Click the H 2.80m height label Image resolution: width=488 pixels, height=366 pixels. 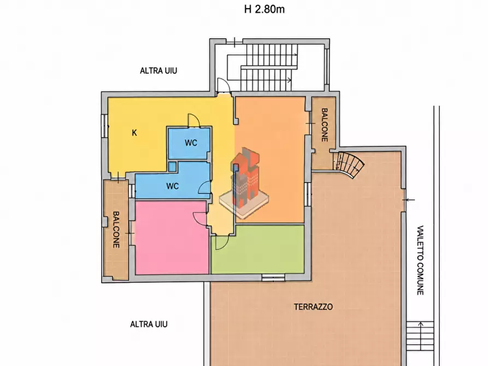264,9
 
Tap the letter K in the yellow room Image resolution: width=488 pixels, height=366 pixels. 134,133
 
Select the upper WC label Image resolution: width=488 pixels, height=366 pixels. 191,143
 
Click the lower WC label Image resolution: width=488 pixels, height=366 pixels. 173,186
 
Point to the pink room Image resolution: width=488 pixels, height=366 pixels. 172,238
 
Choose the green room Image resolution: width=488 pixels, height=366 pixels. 258,249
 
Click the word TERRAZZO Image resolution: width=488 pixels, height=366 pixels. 314,307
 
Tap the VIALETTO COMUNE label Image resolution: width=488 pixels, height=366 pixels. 420,260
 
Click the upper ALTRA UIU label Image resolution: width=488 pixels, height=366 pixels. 158,71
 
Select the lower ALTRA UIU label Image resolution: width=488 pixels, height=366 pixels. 149,324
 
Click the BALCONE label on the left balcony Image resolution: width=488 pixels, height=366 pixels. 116,229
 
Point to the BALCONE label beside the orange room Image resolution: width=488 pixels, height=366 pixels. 324,125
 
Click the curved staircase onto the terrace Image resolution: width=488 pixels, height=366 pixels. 349,164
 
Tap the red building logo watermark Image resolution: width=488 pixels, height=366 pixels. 244,183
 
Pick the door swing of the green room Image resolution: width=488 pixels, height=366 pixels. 222,242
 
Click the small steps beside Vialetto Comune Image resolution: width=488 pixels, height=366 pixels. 420,336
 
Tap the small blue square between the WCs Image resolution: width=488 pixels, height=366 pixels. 172,166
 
